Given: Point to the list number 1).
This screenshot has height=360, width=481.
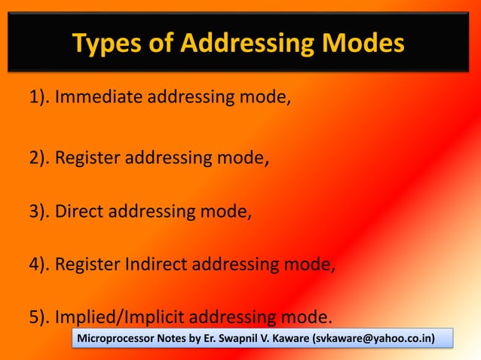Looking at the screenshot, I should (40, 98).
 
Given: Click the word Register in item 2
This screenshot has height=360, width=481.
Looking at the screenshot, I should (88, 159).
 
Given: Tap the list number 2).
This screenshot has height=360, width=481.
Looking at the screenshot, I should (40, 159).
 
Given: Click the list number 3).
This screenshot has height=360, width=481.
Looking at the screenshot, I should (40, 212).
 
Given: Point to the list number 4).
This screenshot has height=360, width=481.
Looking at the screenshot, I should (40, 264).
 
